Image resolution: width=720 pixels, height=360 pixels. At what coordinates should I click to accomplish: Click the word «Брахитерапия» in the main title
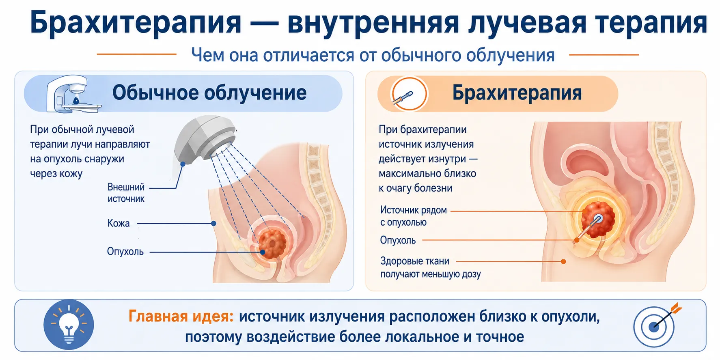136,23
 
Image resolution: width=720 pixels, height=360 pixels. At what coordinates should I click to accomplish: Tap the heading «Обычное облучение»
209,93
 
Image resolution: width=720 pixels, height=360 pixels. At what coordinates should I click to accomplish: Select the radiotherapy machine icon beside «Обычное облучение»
72,94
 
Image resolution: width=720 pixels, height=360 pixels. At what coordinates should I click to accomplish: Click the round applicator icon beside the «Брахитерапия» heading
409,94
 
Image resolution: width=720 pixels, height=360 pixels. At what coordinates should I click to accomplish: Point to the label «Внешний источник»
126,193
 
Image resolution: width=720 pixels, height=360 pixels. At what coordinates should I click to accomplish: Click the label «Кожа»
119,223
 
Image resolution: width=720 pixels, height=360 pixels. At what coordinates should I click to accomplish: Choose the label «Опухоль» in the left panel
125,252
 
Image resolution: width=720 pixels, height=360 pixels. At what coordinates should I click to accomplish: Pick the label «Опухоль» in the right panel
398,240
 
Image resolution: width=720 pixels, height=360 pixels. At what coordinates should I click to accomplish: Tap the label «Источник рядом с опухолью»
413,216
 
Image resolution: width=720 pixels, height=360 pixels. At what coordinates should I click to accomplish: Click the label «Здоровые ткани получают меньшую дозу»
430,267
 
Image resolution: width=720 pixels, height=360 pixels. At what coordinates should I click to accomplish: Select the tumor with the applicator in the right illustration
598,220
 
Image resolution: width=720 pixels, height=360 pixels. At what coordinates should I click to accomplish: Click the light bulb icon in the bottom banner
69,325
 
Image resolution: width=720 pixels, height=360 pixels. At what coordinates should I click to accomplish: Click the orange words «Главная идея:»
181,316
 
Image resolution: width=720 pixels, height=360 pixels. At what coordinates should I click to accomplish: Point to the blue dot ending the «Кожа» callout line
214,223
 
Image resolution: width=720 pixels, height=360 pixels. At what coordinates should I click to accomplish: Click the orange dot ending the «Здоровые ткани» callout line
563,262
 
